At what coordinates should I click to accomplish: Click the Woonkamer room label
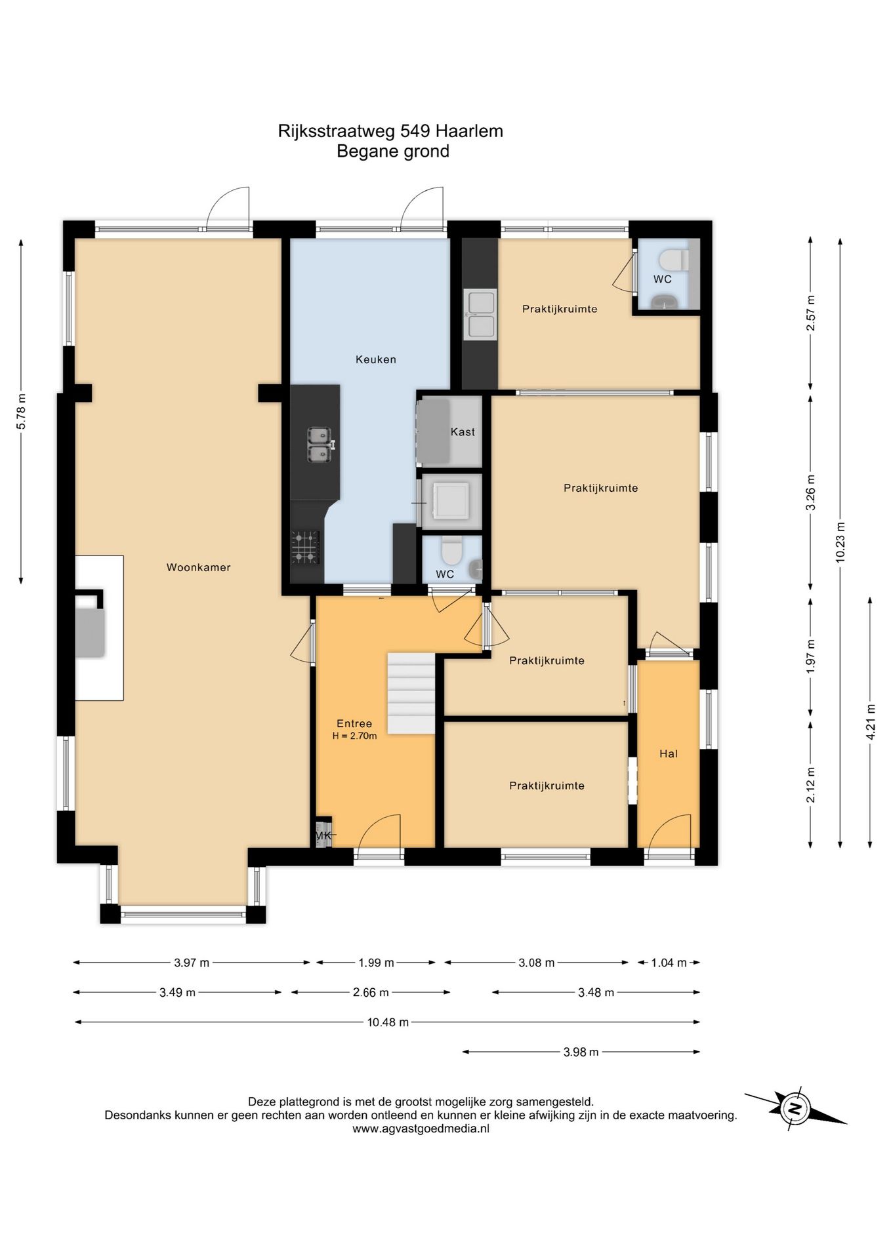[198, 567]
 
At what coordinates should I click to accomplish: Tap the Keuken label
[376, 359]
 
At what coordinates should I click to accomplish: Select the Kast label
[463, 431]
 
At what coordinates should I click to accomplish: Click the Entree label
[354, 723]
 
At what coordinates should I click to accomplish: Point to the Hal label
[669, 753]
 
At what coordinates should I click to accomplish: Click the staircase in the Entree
[411, 693]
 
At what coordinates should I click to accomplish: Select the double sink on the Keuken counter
[320, 445]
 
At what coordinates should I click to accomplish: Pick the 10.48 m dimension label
[388, 1022]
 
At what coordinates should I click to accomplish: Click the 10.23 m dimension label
[840, 542]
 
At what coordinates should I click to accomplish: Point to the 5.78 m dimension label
[21, 411]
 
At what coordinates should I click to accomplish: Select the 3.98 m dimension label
[581, 1052]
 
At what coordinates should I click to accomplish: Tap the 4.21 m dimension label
[870, 722]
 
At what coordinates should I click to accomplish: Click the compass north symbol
[795, 1108]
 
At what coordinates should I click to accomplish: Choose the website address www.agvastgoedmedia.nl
[421, 1129]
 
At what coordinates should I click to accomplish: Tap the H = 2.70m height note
[354, 736]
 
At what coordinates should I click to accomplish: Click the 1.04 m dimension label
[669, 963]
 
